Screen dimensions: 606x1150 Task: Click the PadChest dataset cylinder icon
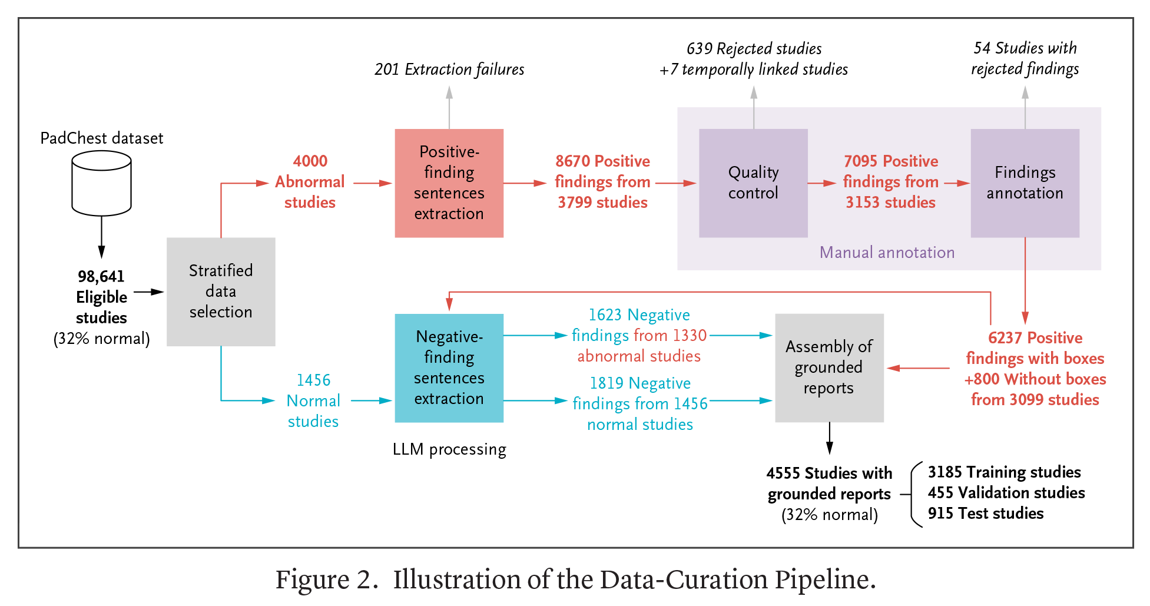click(101, 183)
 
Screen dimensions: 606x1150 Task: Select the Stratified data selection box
click(221, 292)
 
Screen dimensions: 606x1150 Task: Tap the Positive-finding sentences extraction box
click(449, 183)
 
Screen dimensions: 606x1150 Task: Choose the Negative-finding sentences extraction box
click(449, 368)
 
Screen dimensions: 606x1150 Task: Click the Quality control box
click(753, 183)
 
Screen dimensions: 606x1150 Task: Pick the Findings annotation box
click(1025, 183)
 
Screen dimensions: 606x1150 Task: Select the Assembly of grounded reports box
click(829, 368)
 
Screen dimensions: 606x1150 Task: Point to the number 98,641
click(101, 277)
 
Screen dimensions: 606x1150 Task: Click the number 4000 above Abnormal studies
click(310, 161)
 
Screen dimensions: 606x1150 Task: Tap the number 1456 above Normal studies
click(313, 380)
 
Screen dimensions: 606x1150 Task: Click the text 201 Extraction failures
click(449, 69)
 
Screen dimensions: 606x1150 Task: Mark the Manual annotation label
click(887, 253)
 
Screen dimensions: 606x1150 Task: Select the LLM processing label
click(449, 449)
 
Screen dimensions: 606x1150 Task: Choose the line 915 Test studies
click(986, 514)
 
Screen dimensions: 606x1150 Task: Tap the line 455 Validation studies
click(1006, 493)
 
